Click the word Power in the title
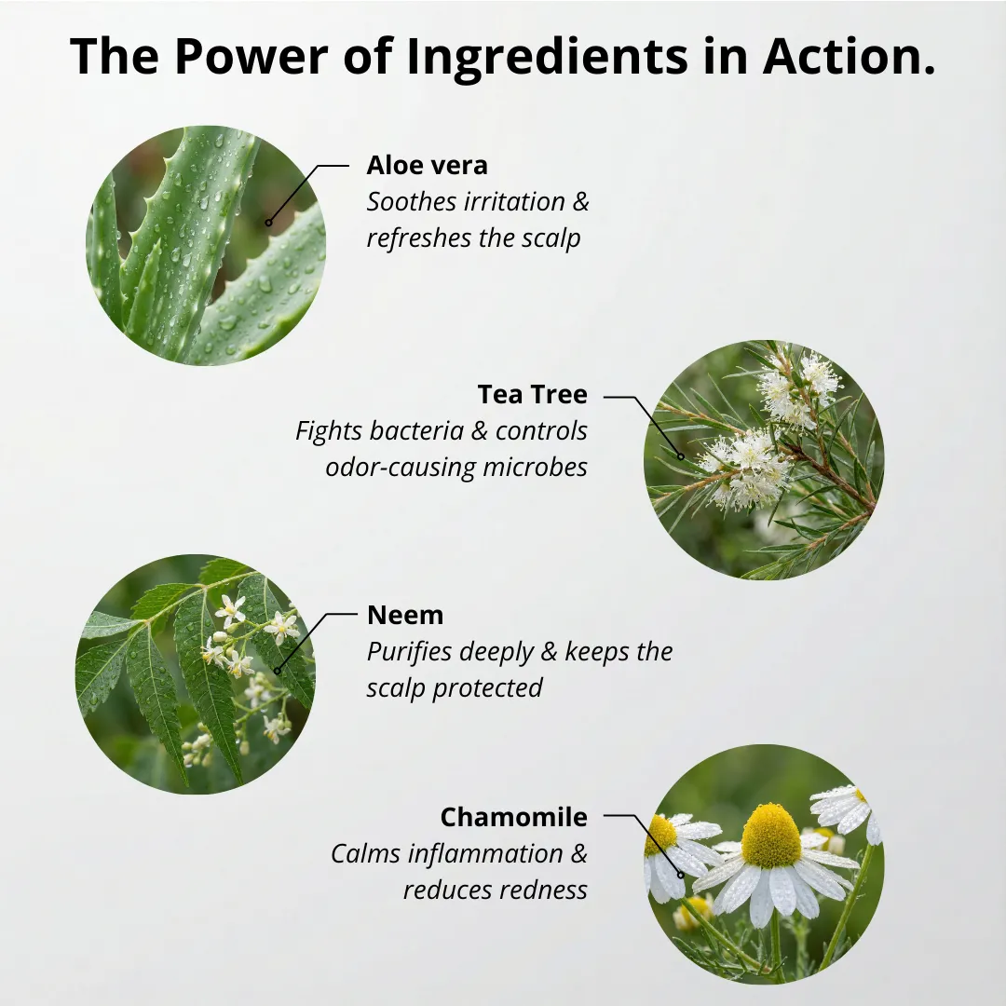coord(251,56)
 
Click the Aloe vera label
coord(427,166)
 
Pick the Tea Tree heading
coord(533,395)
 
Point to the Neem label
coord(405,616)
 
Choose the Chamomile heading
coord(514,818)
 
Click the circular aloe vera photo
coord(206,246)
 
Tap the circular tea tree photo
coord(764,460)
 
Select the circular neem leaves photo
coord(196,674)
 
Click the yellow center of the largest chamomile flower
coord(770,835)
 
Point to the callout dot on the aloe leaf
coord(269,224)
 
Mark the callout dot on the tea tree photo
coord(681,456)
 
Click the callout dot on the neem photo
coord(278,671)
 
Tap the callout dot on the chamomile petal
coord(681,875)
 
